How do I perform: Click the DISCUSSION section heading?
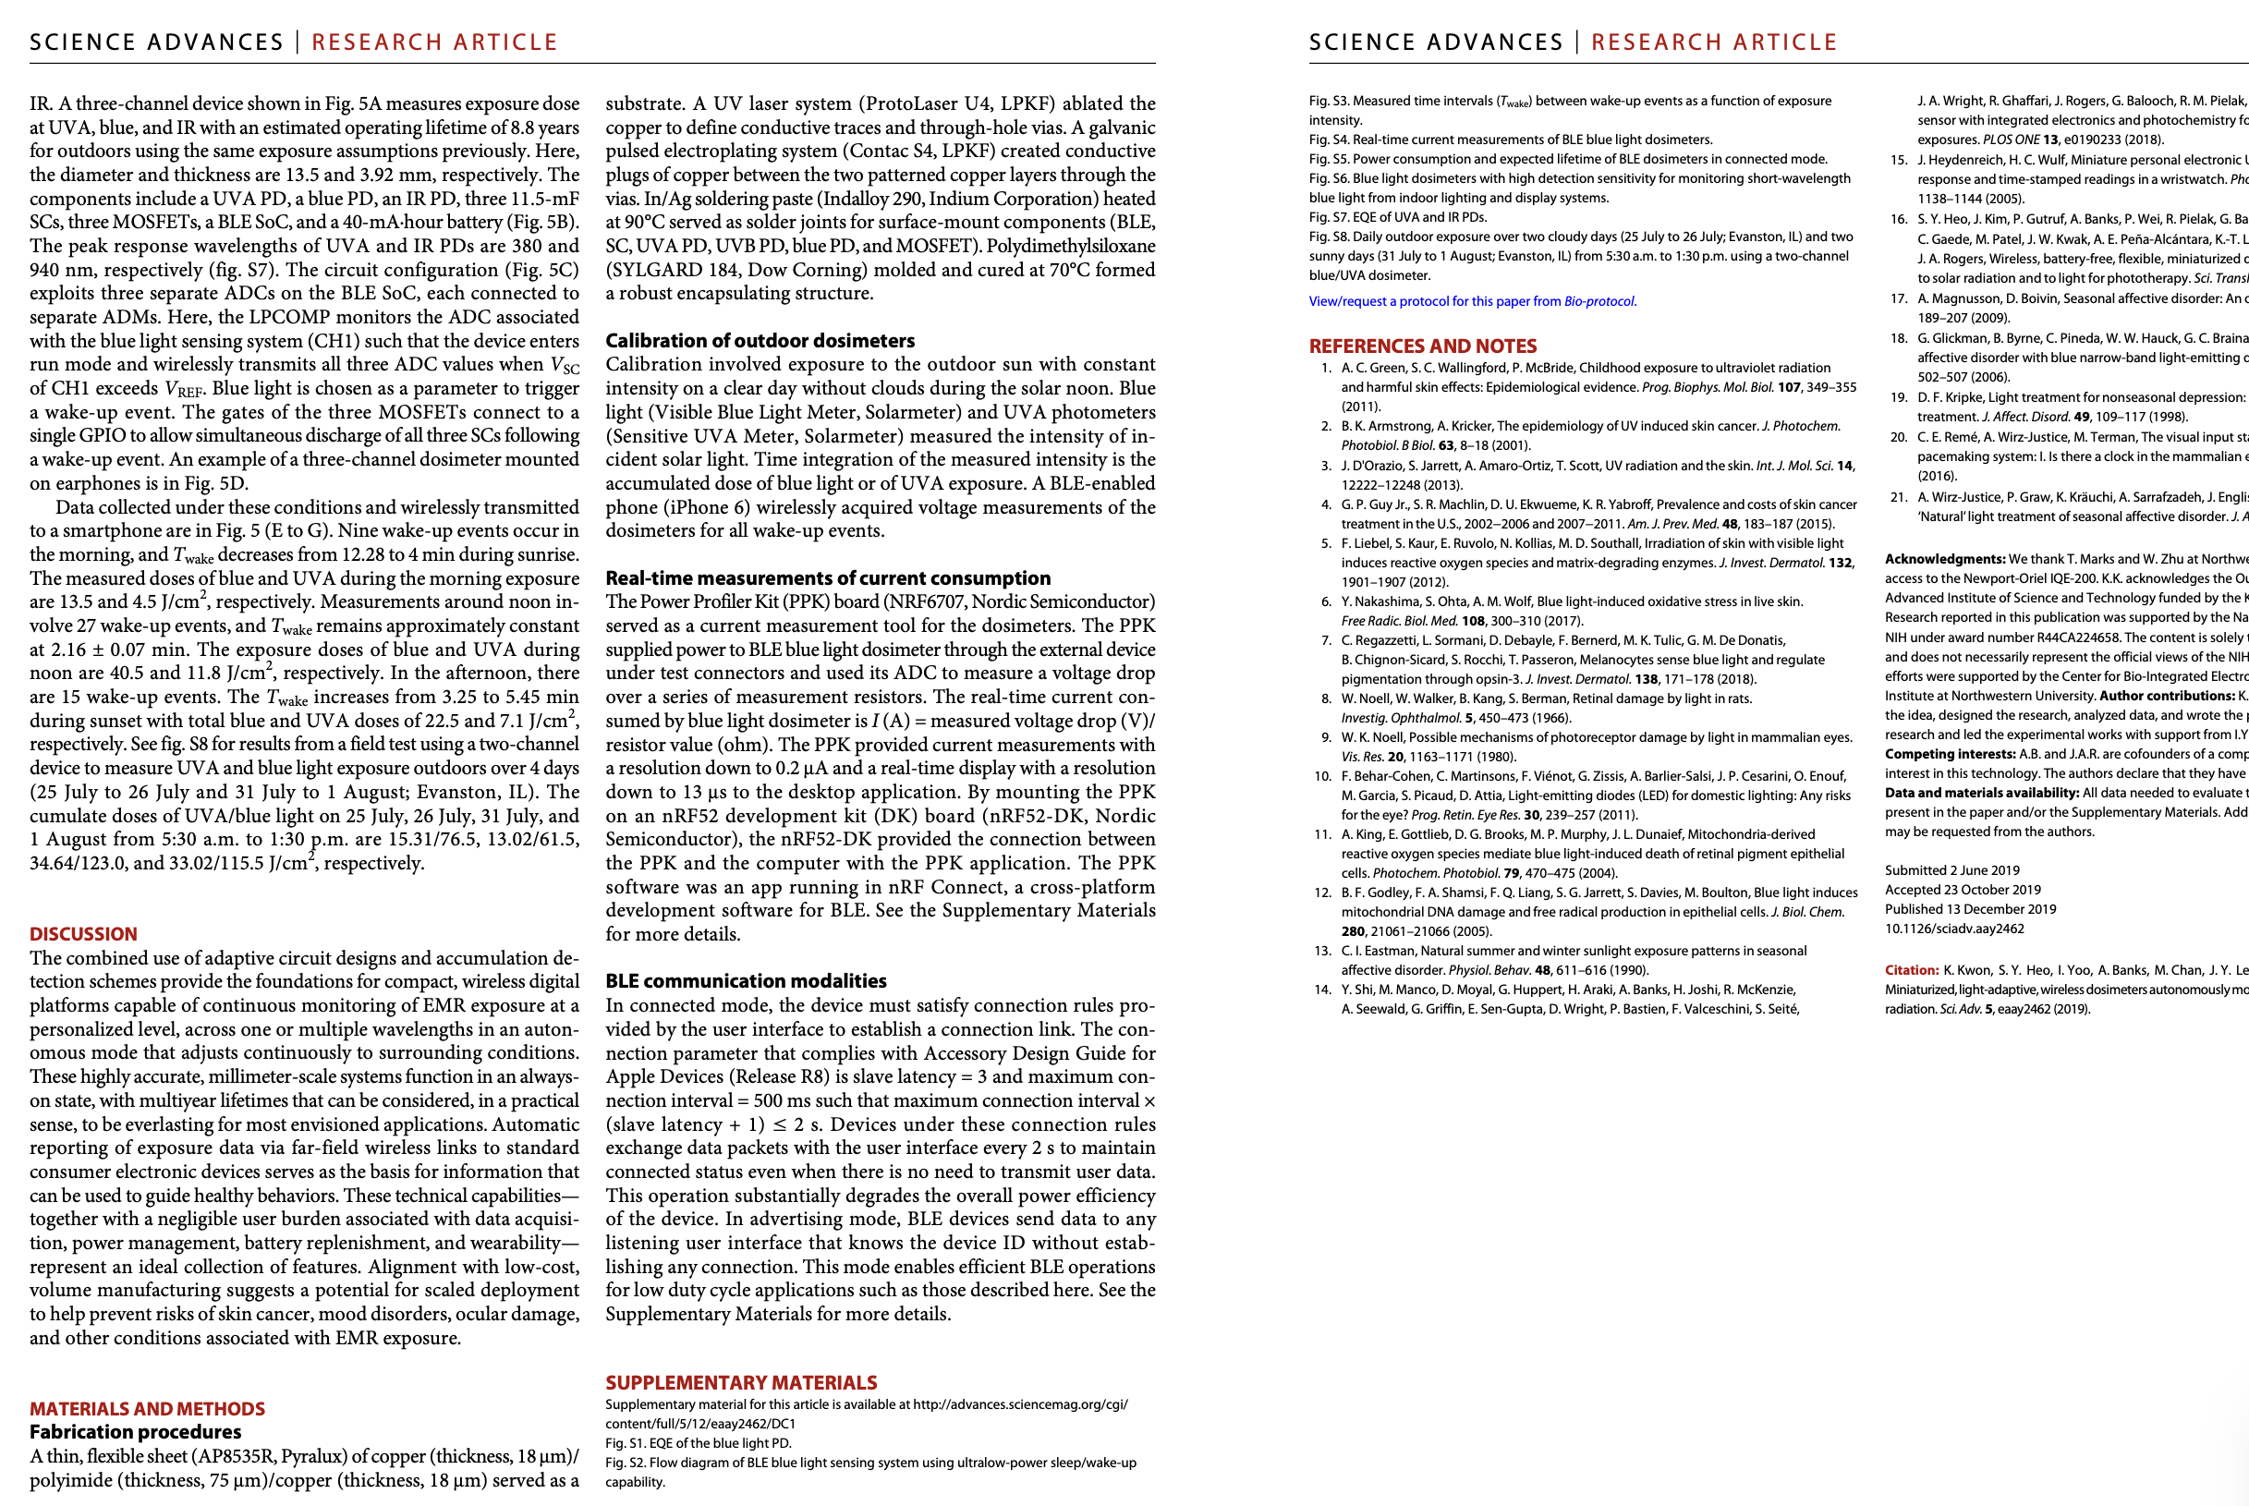point(83,933)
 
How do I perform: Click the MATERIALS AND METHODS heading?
point(147,1408)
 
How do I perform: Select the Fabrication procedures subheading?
point(136,1432)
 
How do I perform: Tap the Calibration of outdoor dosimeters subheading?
point(760,341)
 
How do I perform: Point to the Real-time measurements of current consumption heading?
point(828,578)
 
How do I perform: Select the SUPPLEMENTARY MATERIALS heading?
point(740,1382)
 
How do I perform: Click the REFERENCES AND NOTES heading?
point(1422,346)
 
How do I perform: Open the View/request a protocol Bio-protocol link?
point(1472,301)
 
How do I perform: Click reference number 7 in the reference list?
point(1326,640)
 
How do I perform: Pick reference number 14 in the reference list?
point(1323,990)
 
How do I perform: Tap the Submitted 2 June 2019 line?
point(1951,870)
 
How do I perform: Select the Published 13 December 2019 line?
point(1970,908)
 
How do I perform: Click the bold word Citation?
point(1911,970)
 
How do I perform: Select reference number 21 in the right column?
point(1898,497)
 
